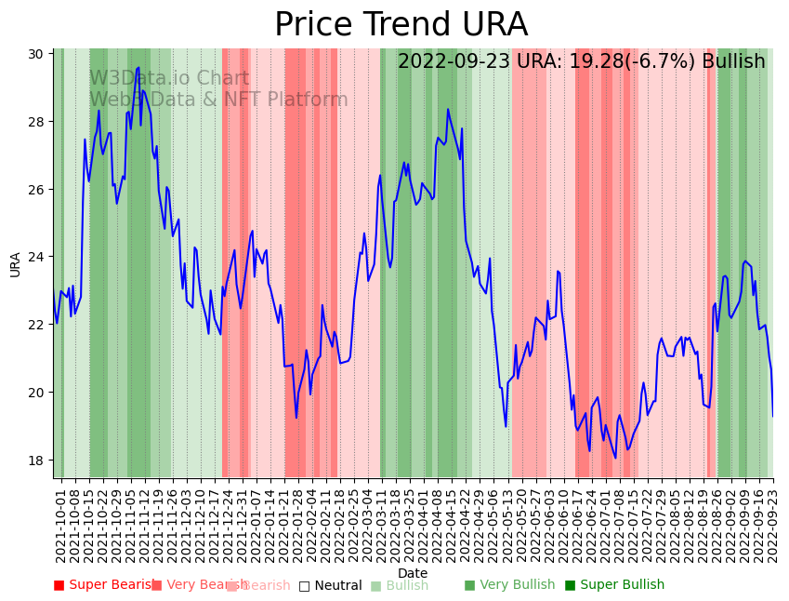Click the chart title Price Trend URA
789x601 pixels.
[401, 25]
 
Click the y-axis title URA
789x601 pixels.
[15, 264]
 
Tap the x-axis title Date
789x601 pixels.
[413, 573]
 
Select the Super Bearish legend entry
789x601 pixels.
[105, 585]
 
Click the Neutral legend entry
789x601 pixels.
[331, 585]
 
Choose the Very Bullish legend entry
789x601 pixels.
[509, 585]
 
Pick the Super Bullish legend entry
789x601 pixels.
[615, 585]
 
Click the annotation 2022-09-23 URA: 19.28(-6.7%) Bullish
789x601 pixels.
[581, 61]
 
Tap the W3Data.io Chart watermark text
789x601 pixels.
[169, 78]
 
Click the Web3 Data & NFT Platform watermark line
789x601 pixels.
[218, 100]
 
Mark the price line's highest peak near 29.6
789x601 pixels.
[138, 67]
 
